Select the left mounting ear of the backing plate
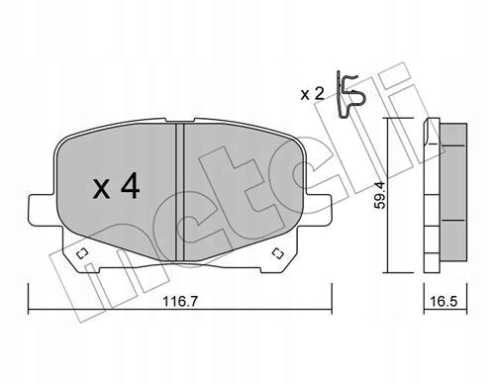[x=38, y=208]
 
